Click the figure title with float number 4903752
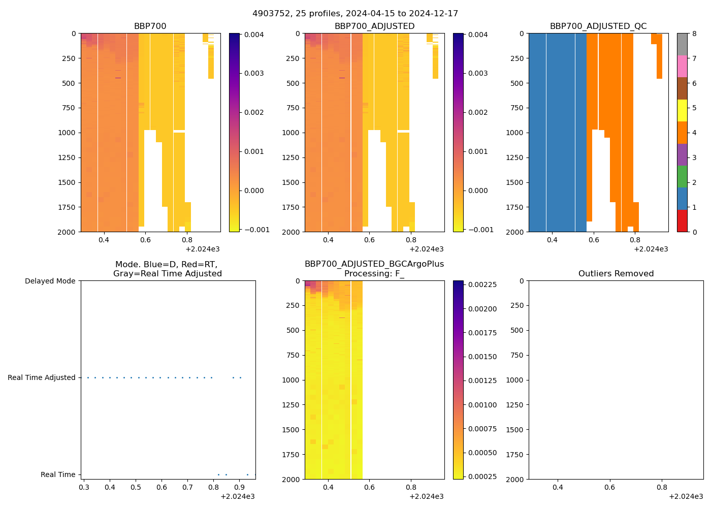355,14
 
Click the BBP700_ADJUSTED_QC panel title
598,26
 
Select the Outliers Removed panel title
616,274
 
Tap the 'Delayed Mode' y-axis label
50,281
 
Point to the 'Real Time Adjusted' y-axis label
42,377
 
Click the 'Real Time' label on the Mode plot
58,474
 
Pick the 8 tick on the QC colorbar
694,34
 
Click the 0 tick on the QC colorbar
694,232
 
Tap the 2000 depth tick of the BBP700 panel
67,232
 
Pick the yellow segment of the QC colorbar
682,110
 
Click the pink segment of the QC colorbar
682,66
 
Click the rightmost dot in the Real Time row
255,474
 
